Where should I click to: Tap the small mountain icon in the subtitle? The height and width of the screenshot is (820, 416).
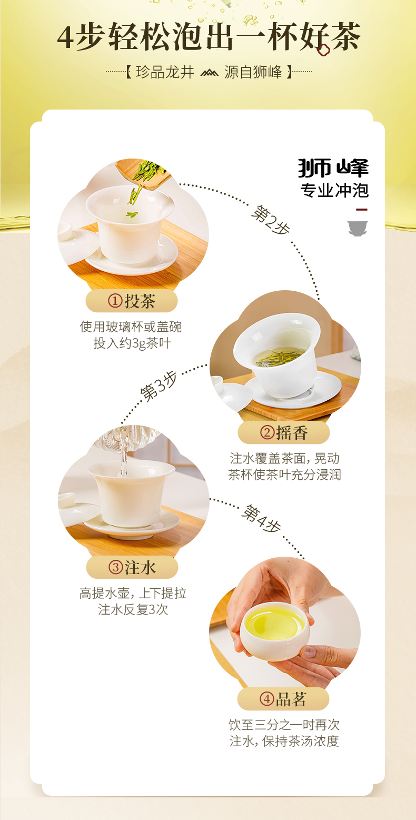point(209,72)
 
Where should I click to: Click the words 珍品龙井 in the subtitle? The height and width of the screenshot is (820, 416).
point(165,72)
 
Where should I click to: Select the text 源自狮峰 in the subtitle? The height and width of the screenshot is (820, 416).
point(253,72)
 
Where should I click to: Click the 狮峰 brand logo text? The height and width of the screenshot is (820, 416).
point(333,168)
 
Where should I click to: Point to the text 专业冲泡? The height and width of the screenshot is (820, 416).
point(334,190)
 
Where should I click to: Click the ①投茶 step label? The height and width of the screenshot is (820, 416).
point(132,301)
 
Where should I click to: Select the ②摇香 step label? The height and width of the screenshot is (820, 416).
point(284,433)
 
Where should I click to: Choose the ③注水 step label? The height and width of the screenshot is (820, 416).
point(132,567)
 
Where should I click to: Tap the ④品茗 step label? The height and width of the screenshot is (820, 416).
point(283,699)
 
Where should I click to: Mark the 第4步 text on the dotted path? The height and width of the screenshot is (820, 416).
point(261,518)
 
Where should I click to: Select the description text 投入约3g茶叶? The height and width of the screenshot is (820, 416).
point(132,343)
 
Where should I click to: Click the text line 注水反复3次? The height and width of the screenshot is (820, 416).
point(133,610)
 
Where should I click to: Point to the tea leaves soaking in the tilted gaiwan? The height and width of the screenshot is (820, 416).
point(278,358)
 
